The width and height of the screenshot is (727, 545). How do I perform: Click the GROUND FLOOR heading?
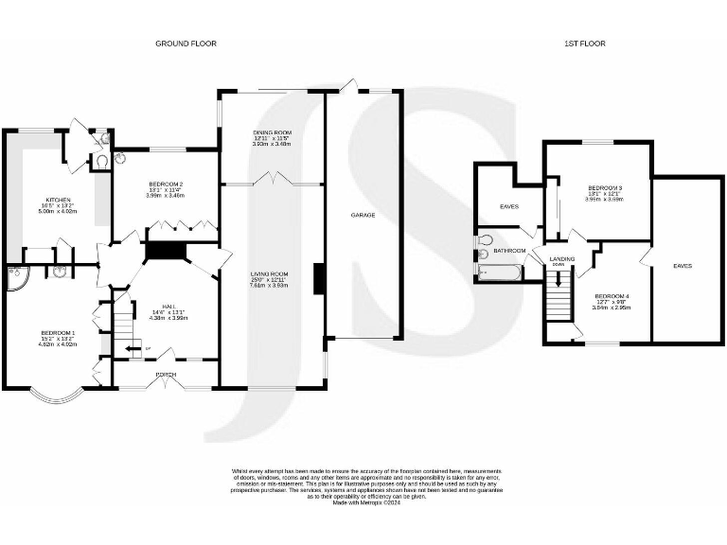tap(186, 44)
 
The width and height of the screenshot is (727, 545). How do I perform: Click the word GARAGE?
tap(363, 216)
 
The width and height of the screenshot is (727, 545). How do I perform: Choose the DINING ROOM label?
tap(271, 132)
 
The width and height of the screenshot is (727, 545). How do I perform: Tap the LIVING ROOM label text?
tap(271, 273)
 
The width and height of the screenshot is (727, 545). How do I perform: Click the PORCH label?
tap(166, 375)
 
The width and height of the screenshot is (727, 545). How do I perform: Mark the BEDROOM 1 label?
tap(58, 332)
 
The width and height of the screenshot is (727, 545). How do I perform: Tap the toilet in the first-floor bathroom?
tap(486, 240)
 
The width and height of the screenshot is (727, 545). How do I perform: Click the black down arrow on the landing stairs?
tap(559, 279)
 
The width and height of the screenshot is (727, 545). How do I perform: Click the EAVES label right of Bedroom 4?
tap(682, 266)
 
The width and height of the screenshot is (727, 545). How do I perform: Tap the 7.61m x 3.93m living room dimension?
tap(271, 285)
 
